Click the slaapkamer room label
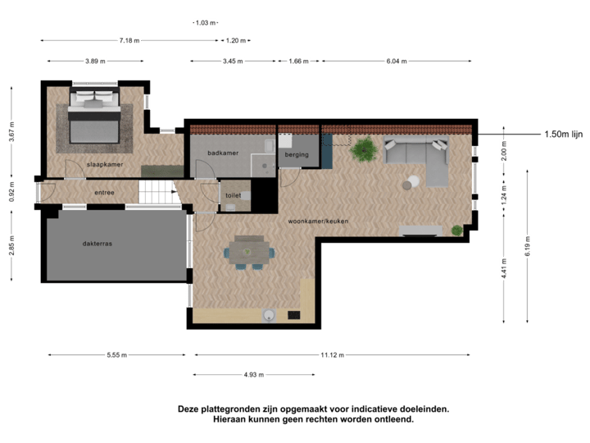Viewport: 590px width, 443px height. (104, 165)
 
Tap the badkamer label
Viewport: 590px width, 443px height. (222, 153)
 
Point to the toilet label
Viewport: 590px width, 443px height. (234, 196)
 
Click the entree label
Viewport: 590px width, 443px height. (104, 193)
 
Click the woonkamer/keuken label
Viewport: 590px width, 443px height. (315, 221)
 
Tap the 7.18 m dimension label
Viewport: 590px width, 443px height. (129, 39)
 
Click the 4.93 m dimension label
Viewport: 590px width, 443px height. (254, 375)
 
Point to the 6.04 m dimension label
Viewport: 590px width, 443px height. (397, 61)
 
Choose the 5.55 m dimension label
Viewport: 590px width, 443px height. (117, 355)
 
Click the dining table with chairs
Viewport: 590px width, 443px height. (250, 251)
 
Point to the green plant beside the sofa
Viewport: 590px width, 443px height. (361, 149)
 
